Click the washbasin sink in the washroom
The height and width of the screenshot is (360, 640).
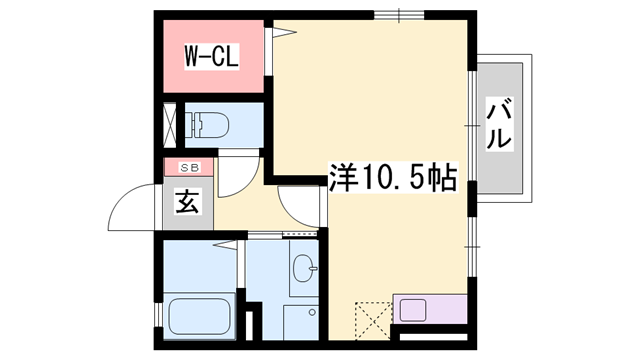304,268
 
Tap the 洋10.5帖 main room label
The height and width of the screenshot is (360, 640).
393,179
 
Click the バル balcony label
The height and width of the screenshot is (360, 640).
499,125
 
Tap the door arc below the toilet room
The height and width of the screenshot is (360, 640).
238,175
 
